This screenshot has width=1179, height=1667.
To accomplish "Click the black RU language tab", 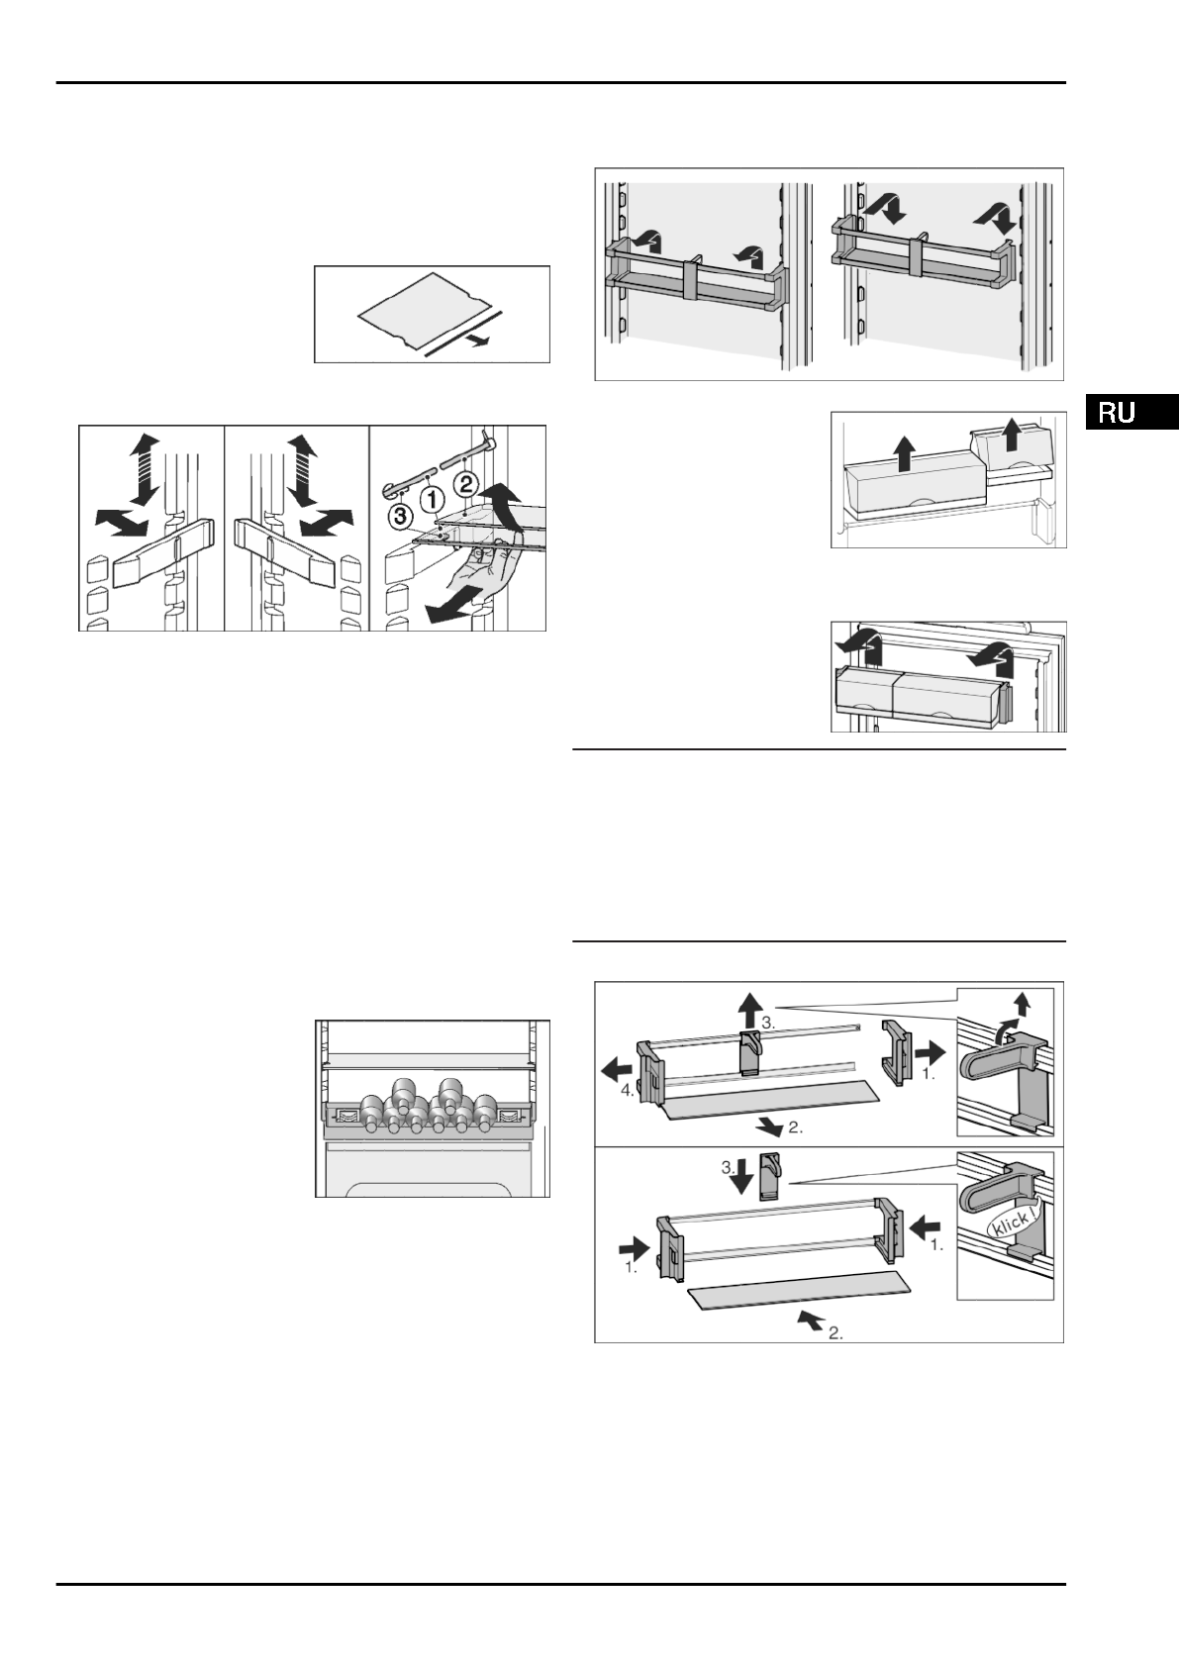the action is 1130,412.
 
